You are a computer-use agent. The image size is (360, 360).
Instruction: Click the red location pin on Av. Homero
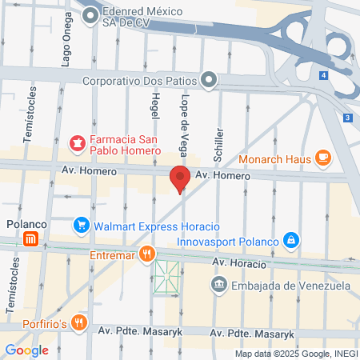(x=179, y=179)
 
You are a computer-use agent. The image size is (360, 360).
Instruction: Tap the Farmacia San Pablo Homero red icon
(x=78, y=143)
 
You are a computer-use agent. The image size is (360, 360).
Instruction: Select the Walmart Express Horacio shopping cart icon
(x=80, y=226)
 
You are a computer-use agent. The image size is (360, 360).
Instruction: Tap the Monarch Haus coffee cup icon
(x=323, y=158)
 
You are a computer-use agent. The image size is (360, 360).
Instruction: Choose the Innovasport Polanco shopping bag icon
(x=292, y=240)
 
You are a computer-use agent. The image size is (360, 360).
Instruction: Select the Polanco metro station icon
(x=30, y=239)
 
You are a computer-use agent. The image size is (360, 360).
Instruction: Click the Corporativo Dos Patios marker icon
(x=210, y=79)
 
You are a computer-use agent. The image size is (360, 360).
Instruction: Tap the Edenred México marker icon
(x=90, y=14)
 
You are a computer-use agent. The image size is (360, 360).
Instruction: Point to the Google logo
(x=26, y=350)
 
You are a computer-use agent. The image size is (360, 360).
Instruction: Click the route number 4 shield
(x=323, y=75)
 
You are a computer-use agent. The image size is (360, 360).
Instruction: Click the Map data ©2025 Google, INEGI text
(x=295, y=354)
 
